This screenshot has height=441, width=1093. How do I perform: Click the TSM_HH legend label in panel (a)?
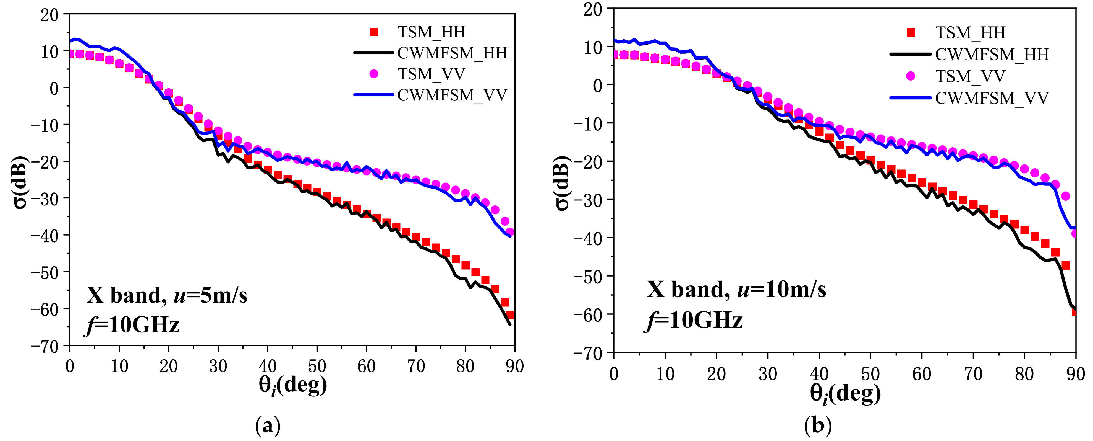431,32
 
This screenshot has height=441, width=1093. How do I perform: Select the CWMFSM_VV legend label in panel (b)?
992,98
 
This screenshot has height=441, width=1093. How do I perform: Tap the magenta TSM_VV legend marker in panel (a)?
374,74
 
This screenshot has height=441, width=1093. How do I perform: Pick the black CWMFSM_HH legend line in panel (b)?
911,54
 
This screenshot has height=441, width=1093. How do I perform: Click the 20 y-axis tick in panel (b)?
592,9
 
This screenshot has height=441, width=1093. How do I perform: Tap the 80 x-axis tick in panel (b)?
1024,374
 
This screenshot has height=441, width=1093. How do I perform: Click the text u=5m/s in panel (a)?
210,295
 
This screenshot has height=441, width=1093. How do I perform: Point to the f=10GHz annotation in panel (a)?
132,325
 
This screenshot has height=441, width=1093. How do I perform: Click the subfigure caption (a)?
268,425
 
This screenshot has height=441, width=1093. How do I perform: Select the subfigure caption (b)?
818,425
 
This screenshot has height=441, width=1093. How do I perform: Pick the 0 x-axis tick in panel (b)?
614,374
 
